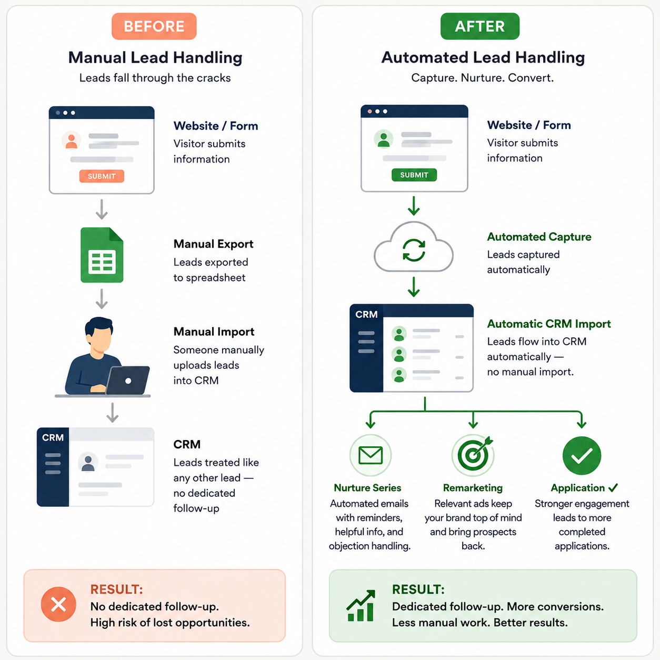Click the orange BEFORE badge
tap(154, 26)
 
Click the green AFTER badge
tap(480, 26)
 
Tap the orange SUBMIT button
tap(102, 176)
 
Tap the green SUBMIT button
tap(414, 175)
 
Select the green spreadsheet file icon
tap(102, 255)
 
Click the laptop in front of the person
tap(128, 380)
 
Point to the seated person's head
tap(99, 334)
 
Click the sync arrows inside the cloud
tap(414, 250)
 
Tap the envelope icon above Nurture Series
tap(370, 455)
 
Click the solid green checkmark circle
tap(582, 456)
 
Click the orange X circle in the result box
tap(58, 604)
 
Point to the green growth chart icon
tap(361, 606)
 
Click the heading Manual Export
tap(213, 244)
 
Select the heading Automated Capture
tap(539, 237)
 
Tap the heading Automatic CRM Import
tap(549, 324)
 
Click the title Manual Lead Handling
tap(155, 57)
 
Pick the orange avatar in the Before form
tap(71, 141)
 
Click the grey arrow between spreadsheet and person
tap(102, 298)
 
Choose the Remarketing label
tap(473, 488)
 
